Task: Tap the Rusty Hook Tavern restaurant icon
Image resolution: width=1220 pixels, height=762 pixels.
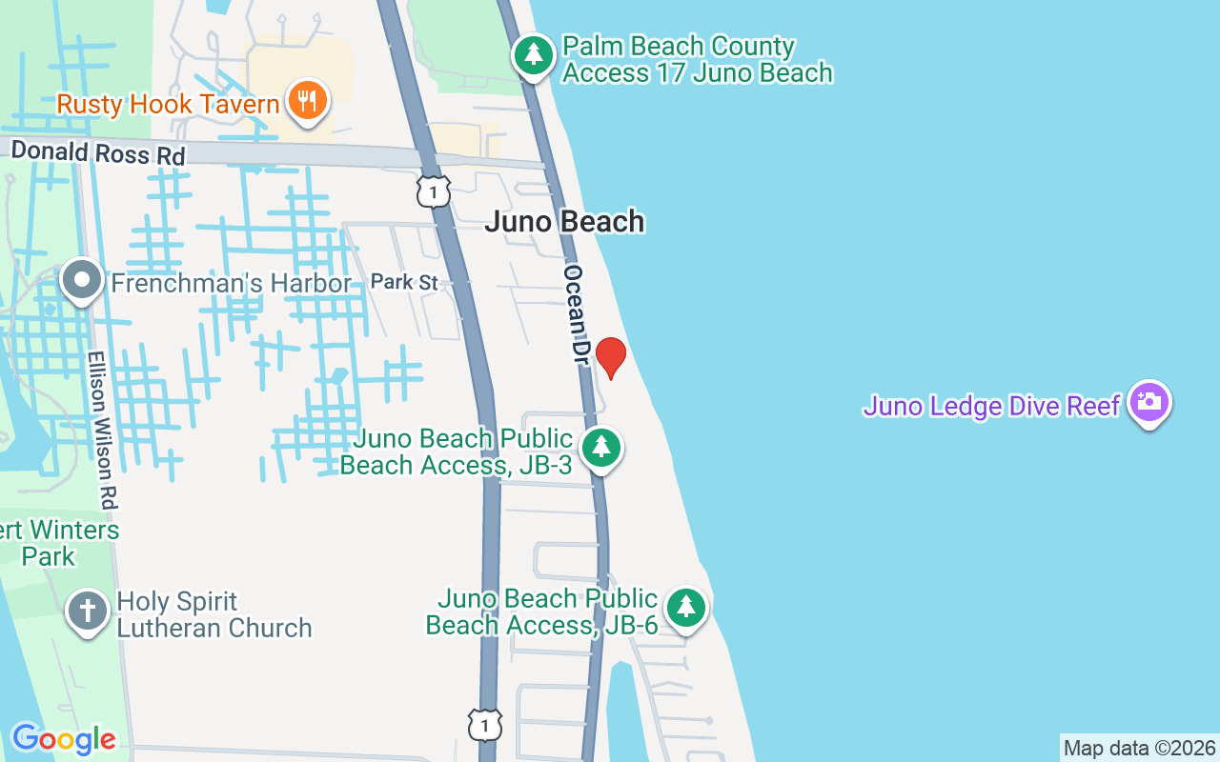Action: click(x=307, y=99)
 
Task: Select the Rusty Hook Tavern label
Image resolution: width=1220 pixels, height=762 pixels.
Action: click(x=168, y=104)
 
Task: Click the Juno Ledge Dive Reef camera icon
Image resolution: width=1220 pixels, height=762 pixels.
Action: click(x=1149, y=402)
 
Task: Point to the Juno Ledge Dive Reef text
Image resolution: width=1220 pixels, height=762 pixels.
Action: click(x=991, y=406)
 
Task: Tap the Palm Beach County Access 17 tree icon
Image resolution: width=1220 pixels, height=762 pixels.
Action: click(x=534, y=55)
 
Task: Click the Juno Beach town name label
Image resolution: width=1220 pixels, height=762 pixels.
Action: click(x=564, y=222)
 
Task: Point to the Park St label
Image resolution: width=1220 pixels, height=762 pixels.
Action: click(x=404, y=282)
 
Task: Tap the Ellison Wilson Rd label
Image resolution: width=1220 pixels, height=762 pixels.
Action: click(x=103, y=429)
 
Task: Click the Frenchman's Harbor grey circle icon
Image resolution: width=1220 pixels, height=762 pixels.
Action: click(x=82, y=280)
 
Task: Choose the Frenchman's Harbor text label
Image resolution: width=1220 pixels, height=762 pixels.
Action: click(x=232, y=284)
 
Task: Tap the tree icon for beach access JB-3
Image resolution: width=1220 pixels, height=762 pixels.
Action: click(x=601, y=446)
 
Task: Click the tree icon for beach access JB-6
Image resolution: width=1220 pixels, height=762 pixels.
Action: click(x=685, y=606)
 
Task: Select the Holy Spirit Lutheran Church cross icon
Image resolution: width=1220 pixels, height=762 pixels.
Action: click(x=88, y=611)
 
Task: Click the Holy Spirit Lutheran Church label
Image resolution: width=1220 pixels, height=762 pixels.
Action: click(x=214, y=614)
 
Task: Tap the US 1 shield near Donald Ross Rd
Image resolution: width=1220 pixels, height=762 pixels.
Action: click(x=433, y=191)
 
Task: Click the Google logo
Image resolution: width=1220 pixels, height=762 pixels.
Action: click(x=64, y=738)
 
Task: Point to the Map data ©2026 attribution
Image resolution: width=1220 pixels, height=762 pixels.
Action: click(x=1139, y=748)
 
